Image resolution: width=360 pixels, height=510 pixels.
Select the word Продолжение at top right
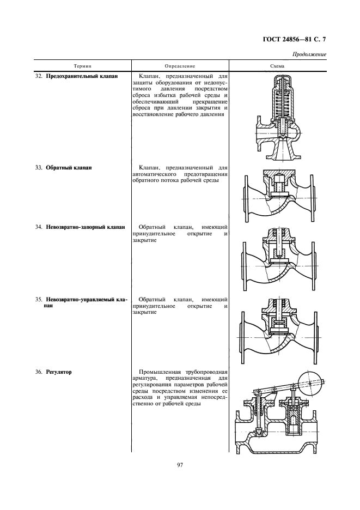309,54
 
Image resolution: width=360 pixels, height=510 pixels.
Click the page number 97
180,465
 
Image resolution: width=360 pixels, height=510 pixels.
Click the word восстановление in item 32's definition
155,114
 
